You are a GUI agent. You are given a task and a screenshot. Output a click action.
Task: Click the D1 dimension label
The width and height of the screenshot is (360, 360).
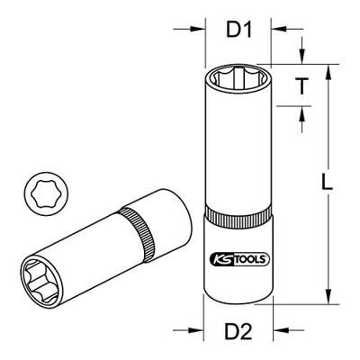click(239, 30)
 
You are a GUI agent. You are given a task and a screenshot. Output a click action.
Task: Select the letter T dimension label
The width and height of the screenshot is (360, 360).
click(301, 85)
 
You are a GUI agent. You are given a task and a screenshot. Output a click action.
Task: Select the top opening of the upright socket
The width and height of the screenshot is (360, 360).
click(239, 78)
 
